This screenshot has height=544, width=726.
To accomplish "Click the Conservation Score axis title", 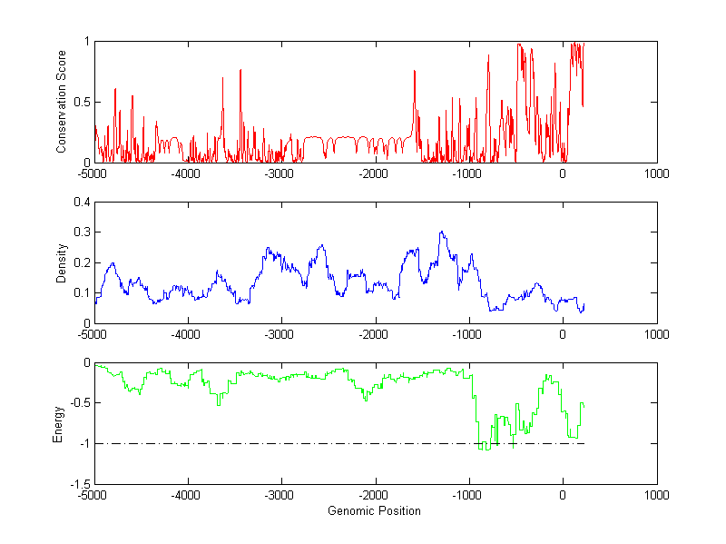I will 62,102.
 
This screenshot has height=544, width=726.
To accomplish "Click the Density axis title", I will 62,262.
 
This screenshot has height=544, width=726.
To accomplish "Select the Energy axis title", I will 58,423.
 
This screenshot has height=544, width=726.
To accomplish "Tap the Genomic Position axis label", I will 374,510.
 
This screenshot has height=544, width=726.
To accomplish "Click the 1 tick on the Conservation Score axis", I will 86,41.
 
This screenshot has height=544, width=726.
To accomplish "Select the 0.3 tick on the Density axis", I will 82,232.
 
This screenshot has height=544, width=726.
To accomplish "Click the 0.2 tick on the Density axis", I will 82,262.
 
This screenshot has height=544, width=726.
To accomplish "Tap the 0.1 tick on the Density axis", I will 82,292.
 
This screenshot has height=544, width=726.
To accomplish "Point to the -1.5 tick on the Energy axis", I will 80,484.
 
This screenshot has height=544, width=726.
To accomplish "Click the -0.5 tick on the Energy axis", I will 80,403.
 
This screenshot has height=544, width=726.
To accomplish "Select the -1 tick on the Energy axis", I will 84,443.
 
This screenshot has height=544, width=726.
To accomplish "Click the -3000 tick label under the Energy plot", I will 280,496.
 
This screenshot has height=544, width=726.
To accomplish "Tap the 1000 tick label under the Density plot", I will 656,334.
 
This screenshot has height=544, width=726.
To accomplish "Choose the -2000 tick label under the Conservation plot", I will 374,173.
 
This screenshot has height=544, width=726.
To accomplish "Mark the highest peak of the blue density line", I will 442,232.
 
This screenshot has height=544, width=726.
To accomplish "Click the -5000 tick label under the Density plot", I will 93,334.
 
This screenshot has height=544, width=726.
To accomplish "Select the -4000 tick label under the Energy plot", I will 187,496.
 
